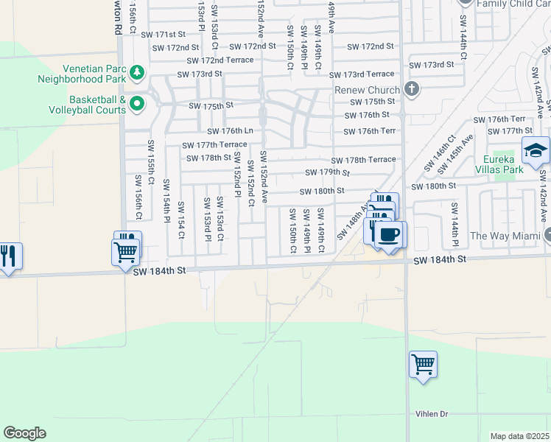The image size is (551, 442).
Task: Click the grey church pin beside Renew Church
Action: pos(411,89)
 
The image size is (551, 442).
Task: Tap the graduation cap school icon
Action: pos(535,151)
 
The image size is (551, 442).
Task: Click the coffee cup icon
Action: pos(389,234)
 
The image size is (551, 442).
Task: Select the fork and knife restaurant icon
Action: pos(8,256)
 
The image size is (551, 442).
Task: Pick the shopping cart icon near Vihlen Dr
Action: pos(423,364)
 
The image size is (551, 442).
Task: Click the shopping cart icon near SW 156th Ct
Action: pos(126,250)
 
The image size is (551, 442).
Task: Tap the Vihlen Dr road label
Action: pos(432,414)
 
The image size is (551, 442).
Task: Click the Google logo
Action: pos(24,433)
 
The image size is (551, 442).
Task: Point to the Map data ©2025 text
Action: pos(520,436)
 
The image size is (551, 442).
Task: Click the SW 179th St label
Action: pos(327,172)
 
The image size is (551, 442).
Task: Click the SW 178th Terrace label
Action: pos(363,160)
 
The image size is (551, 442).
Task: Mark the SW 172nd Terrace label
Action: pos(220,60)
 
